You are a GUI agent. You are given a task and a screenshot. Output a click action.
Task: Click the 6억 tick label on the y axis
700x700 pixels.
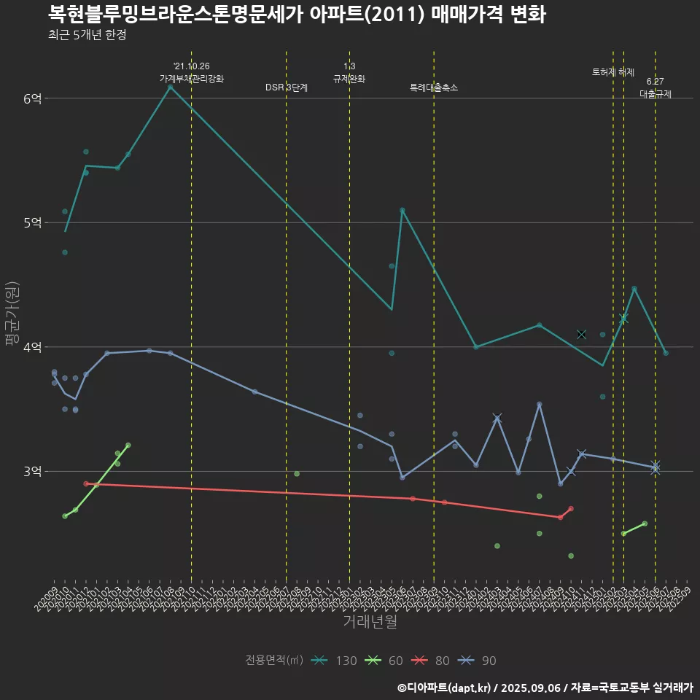coord(31,98)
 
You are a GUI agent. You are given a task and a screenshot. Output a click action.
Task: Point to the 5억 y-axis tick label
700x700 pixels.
coord(31,222)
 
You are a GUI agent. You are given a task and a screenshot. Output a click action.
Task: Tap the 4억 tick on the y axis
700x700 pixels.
coord(31,347)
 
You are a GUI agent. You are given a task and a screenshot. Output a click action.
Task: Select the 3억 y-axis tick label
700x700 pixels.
coord(31,471)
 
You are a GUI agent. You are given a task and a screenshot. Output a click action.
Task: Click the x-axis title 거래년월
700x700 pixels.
coord(370,622)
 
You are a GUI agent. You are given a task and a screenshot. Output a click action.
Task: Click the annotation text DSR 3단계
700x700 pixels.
coord(287,87)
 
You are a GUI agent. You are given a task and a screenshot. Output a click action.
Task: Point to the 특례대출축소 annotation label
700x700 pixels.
coord(434,87)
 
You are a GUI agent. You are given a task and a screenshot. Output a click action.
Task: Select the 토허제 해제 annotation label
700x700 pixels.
coord(613,72)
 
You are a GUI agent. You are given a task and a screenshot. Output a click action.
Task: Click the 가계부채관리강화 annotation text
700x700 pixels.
coord(192,79)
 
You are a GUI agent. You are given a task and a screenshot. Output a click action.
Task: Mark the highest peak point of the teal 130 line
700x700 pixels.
coord(170,87)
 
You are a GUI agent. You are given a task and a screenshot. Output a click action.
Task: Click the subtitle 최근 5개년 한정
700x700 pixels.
coord(87,35)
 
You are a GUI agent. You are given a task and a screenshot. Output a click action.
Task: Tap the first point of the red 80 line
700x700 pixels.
coord(86,483)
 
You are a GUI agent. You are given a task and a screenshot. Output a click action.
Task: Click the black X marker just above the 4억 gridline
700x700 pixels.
coord(581,334)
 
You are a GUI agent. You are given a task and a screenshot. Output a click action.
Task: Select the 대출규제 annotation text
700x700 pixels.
coord(656,94)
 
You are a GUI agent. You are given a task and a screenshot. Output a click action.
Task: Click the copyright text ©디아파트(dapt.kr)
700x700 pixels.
coord(445,687)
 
